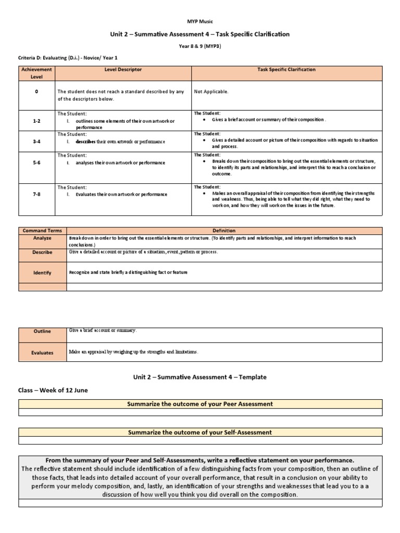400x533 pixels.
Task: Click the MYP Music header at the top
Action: [200, 21]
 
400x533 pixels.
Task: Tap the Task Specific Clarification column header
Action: [286, 69]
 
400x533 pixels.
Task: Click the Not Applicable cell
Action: [211, 92]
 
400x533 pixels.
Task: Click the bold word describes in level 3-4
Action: [86, 142]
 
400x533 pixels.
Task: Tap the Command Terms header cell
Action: [42, 231]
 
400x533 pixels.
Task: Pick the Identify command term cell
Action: [42, 272]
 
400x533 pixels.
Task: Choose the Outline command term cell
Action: [42, 331]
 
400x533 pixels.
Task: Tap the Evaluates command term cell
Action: [42, 352]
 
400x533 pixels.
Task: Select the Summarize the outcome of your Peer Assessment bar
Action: [200, 404]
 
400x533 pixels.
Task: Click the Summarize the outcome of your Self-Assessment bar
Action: [200, 432]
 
